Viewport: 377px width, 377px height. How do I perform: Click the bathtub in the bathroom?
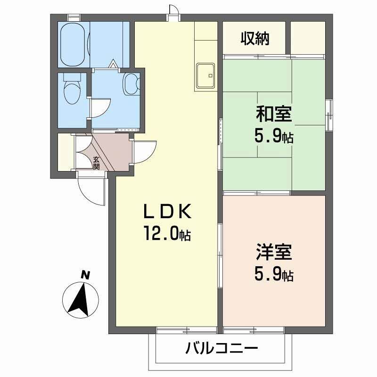click(x=73, y=44)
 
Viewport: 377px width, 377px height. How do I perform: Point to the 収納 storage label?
click(x=255, y=38)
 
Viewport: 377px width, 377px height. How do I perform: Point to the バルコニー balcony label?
click(x=221, y=349)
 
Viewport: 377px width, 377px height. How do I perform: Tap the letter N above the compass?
click(x=85, y=275)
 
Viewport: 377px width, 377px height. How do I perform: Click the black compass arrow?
click(x=81, y=299)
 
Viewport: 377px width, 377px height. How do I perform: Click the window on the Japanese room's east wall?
click(x=329, y=114)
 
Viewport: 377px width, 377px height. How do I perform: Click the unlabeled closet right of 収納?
click(x=307, y=38)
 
